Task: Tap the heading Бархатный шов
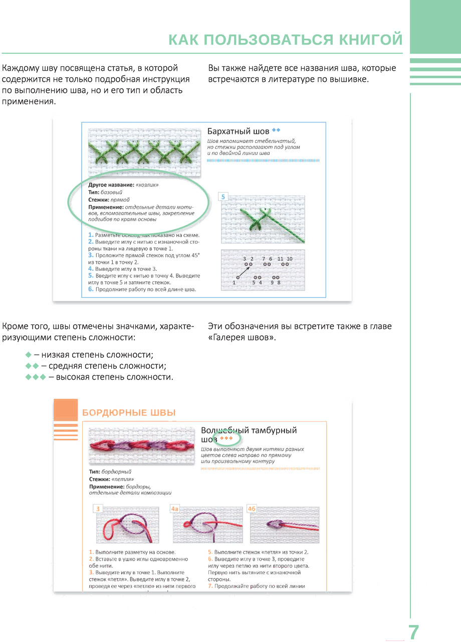tap(238, 131)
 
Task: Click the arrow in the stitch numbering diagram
tap(243, 271)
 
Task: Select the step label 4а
tap(175, 509)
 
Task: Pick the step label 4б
tap(252, 509)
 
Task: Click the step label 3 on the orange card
tap(98, 509)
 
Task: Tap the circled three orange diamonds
tap(227, 439)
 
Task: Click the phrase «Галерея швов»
tap(242, 338)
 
